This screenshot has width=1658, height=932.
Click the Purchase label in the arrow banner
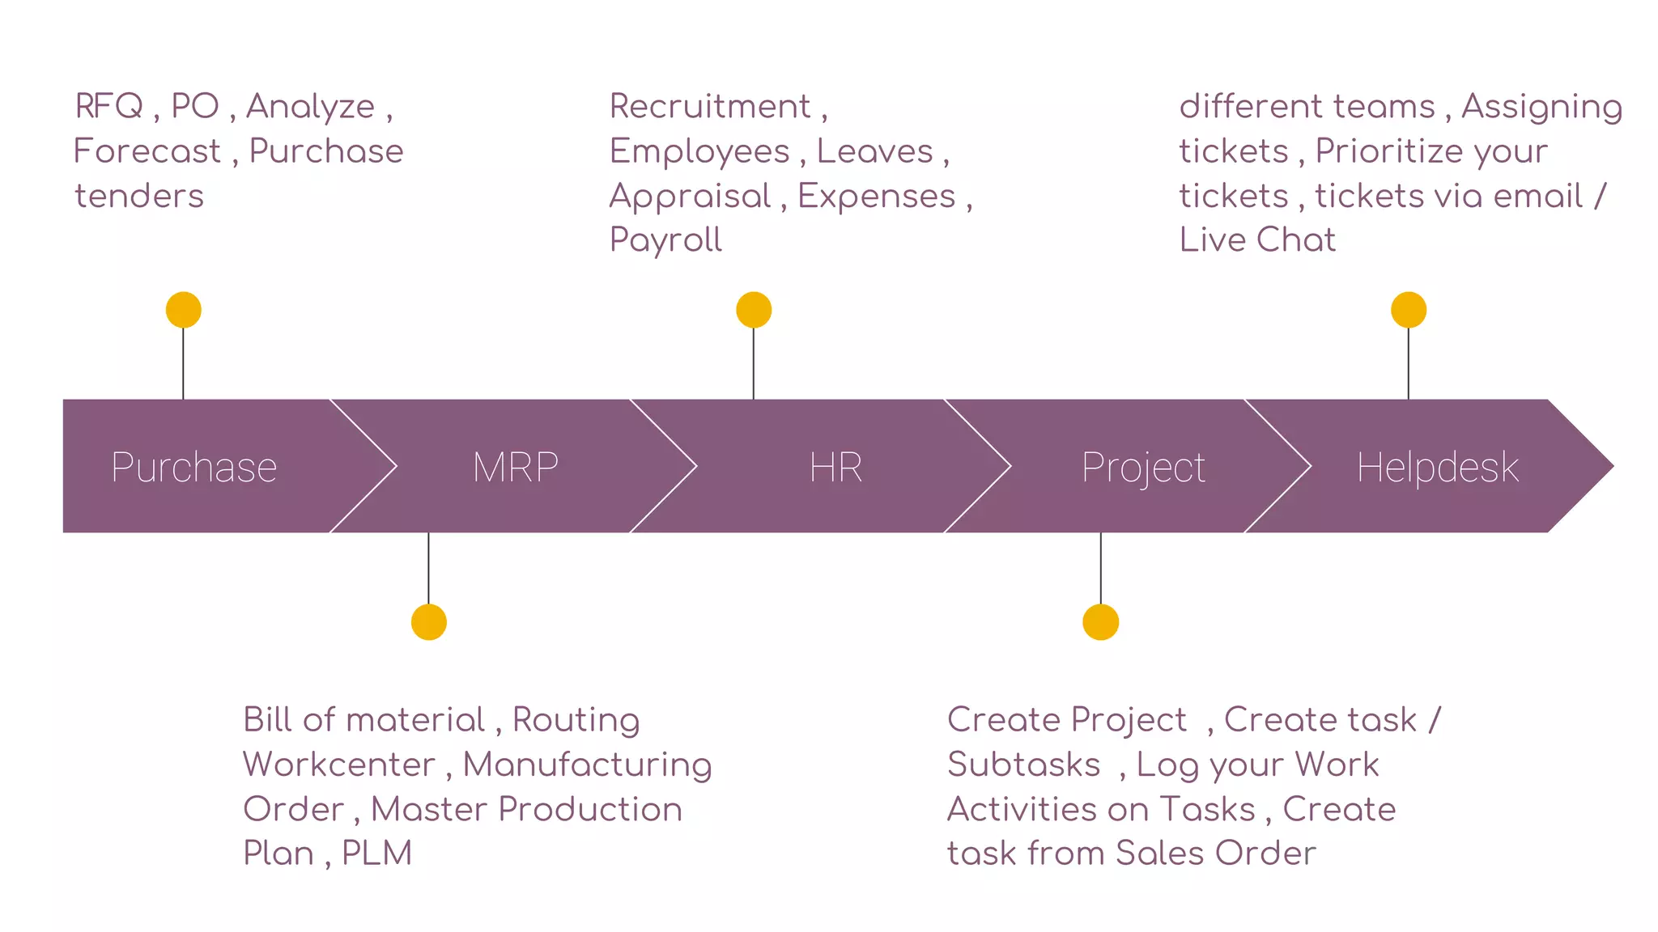click(194, 467)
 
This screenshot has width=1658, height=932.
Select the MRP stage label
click(516, 467)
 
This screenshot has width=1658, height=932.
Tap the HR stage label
click(836, 467)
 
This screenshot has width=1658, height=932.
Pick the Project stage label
click(1143, 468)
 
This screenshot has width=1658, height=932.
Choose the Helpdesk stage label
click(1438, 467)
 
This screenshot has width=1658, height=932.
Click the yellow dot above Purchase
click(184, 310)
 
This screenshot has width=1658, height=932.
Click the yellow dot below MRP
click(429, 622)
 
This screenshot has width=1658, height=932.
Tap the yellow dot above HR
click(754, 310)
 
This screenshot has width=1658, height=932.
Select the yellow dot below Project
click(1100, 622)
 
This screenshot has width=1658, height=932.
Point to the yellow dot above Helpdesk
click(1409, 310)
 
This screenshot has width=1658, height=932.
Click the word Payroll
click(665, 240)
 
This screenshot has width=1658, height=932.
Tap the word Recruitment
click(710, 106)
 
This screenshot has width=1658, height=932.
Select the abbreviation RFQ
click(109, 106)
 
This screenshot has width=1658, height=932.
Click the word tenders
click(139, 196)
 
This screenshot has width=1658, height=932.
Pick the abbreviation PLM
click(376, 853)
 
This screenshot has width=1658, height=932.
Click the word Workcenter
click(339, 765)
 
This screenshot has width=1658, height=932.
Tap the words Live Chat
click(1257, 239)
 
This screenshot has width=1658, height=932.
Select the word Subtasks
click(1024, 765)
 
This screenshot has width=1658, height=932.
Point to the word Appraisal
click(691, 197)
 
